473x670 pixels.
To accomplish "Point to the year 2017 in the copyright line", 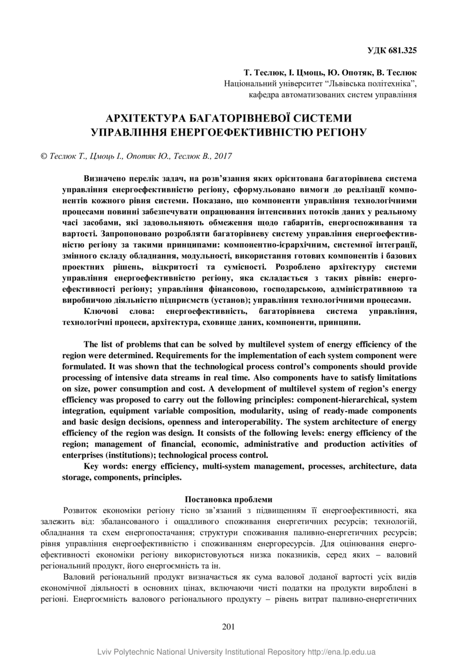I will [222, 156].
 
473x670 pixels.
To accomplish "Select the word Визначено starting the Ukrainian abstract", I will [105, 178].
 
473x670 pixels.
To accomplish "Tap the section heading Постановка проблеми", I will [229, 499].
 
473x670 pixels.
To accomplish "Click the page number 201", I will [229, 627].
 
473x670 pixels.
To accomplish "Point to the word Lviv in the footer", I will [105, 652].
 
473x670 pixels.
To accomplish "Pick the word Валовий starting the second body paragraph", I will [80, 577].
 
